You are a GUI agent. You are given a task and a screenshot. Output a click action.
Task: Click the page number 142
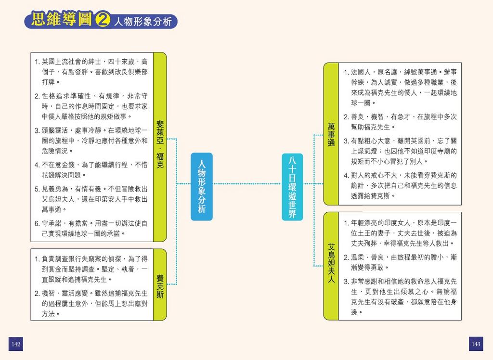click(16, 344)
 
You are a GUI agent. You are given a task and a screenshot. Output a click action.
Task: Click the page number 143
click(476, 344)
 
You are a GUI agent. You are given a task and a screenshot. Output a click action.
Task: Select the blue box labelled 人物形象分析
click(202, 186)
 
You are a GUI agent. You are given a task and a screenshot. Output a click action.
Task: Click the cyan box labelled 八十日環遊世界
click(292, 186)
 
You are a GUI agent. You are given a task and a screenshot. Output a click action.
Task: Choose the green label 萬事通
click(331, 134)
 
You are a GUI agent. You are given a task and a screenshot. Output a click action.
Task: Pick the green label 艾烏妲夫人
click(331, 263)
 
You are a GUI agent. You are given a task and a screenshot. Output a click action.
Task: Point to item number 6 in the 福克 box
click(37, 224)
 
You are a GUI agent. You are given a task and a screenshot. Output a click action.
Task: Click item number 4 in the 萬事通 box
click(346, 175)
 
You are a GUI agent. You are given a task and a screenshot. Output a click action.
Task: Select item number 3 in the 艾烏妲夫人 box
click(346, 281)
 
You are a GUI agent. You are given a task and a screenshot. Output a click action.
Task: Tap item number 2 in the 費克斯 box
click(37, 293)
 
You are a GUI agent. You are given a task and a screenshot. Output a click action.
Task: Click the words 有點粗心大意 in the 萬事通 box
click(373, 141)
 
